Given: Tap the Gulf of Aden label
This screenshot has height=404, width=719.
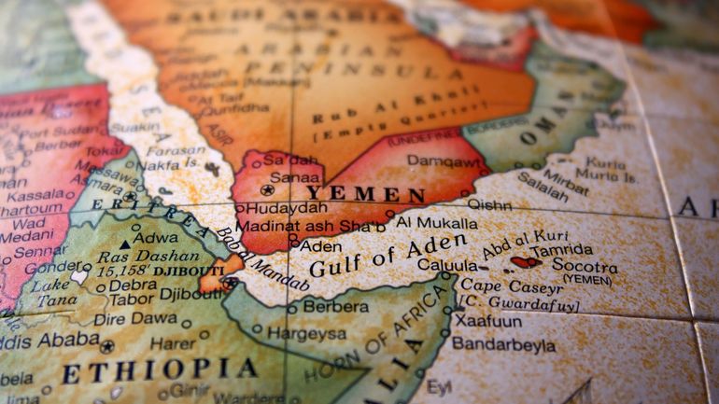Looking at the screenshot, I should [x=388, y=255].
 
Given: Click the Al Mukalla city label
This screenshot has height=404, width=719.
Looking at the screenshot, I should [x=437, y=222].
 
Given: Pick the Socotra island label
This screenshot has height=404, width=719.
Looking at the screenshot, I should [x=585, y=265].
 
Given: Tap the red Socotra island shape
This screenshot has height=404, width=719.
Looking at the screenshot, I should [x=525, y=262].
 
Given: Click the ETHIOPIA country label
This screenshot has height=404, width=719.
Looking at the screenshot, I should [x=159, y=371].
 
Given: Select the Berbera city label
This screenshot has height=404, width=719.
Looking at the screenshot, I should [x=335, y=307].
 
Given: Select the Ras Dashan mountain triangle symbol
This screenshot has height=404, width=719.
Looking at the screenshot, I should [x=125, y=244].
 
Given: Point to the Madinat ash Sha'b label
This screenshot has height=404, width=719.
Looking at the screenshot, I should [x=310, y=226].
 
